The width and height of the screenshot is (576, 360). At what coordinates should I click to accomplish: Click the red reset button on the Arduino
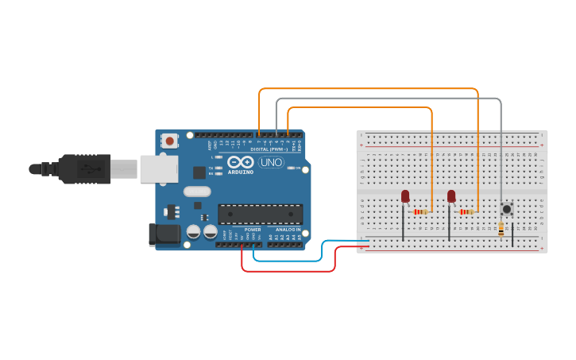[x=168, y=141]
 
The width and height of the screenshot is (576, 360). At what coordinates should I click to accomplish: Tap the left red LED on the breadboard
[x=405, y=195]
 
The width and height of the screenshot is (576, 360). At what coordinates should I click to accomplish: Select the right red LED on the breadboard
[x=451, y=195]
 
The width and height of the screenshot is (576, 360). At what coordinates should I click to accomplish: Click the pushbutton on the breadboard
[x=505, y=210]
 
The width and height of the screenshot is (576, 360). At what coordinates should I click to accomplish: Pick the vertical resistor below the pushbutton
[x=501, y=229]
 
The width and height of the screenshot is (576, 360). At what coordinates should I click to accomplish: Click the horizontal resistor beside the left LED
[x=420, y=212]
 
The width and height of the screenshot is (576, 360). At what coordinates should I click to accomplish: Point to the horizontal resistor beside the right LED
[x=466, y=212]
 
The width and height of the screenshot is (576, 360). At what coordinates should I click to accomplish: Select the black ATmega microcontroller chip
[x=260, y=214]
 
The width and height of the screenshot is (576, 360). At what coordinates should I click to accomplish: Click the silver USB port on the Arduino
[x=159, y=168]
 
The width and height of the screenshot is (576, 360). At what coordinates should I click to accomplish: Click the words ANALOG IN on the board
[x=288, y=230]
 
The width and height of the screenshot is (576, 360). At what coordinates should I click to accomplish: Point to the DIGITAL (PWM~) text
[x=269, y=149]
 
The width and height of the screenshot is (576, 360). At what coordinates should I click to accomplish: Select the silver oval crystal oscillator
[x=196, y=191]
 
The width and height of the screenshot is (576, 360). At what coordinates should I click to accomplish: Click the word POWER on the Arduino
[x=253, y=230]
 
